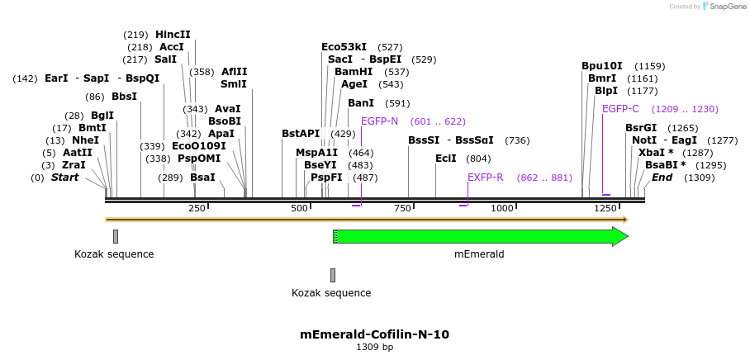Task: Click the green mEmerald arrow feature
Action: tap(479, 237)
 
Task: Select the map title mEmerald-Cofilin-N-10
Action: tap(374, 334)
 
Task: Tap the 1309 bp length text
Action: tap(374, 347)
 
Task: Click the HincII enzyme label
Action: tap(173, 35)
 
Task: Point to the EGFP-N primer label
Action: tap(379, 121)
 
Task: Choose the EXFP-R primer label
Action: tap(486, 178)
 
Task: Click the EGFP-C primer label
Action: tap(620, 109)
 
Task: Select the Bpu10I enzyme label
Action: tap(601, 65)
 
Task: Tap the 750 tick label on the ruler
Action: tap(402, 208)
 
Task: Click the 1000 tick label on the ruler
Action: tap(502, 208)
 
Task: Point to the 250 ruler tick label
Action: tap(197, 208)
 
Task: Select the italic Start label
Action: tap(64, 178)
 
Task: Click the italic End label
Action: tap(662, 178)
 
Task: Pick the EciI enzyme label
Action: tap(446, 159)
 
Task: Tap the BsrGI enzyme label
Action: tap(640, 128)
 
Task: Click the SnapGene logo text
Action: tap(724, 6)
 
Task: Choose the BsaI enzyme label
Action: tap(202, 178)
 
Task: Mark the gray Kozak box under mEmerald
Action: tap(333, 275)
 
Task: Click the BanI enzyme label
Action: tap(361, 103)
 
